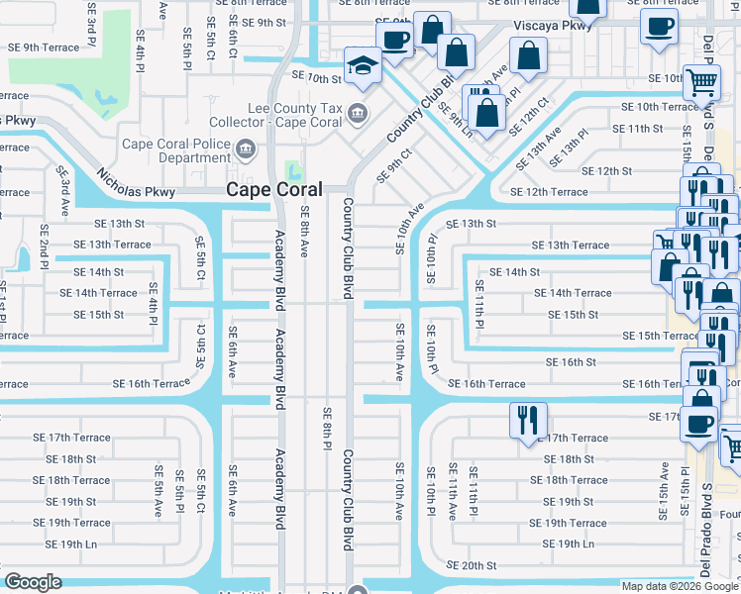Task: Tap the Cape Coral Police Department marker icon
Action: point(247,150)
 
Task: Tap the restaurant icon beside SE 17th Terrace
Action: point(526,420)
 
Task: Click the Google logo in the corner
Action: point(33,582)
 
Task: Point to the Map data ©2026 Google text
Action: point(679,586)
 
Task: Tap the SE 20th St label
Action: point(471,565)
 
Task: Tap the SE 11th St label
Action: point(637,129)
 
